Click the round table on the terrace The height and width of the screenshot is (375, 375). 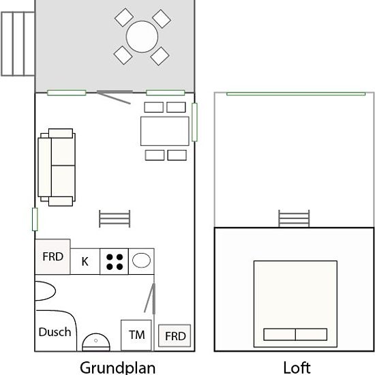(142, 37)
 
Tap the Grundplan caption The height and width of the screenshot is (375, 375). (118, 367)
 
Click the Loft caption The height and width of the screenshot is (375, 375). (297, 367)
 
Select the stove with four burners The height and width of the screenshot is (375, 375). (114, 261)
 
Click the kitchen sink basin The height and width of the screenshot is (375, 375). (141, 260)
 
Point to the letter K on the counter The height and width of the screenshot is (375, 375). (85, 261)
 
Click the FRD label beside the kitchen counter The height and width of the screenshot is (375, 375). (53, 256)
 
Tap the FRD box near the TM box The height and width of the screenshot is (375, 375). (175, 335)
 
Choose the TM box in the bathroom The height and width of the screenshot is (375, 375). (136, 335)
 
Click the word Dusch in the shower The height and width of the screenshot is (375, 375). (55, 332)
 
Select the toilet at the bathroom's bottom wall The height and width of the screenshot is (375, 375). (96, 342)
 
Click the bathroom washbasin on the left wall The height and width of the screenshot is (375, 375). (46, 291)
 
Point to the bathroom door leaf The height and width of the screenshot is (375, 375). (150, 298)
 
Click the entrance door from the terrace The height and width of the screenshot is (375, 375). (115, 97)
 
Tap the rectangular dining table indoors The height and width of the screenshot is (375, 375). (165, 131)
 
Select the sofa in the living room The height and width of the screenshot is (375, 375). (57, 167)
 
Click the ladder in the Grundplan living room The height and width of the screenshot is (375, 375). (115, 219)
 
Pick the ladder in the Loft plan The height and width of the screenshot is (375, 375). (294, 219)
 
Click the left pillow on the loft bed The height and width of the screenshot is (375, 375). (280, 334)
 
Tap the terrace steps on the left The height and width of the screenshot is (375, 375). (18, 44)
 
